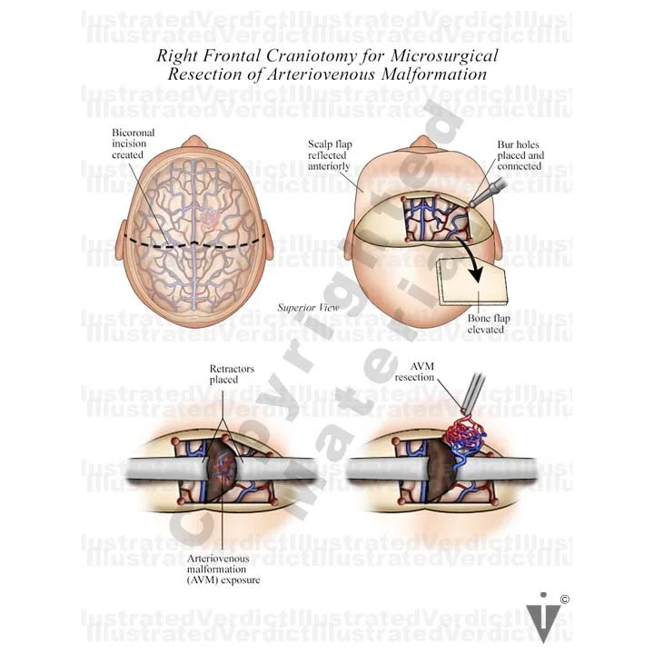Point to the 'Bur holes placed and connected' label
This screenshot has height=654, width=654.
pyautogui.click(x=520, y=155)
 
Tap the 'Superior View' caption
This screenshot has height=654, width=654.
pyautogui.click(x=309, y=308)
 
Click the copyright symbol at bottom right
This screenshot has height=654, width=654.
pyautogui.click(x=564, y=598)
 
